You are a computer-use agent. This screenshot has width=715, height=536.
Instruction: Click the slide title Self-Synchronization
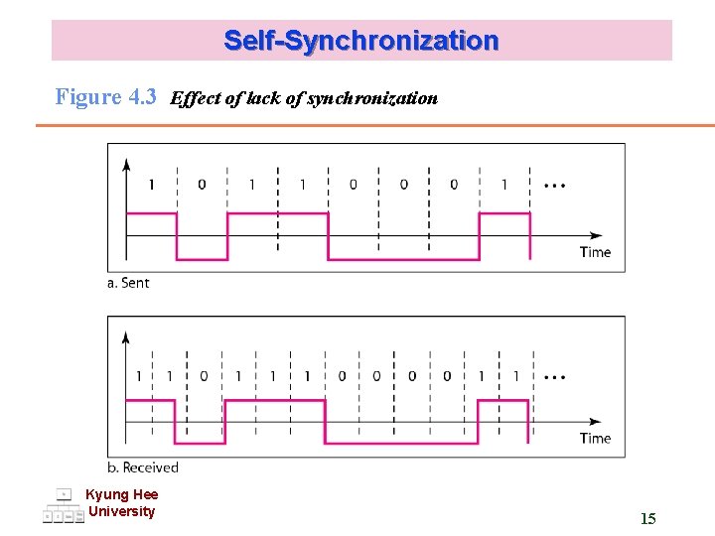click(x=361, y=41)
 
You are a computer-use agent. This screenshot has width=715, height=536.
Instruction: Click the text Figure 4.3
click(x=106, y=97)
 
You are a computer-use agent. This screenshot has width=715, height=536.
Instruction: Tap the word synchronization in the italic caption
click(x=373, y=98)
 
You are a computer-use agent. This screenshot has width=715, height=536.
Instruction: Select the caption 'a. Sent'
click(x=128, y=283)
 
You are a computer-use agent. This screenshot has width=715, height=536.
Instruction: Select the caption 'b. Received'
click(x=143, y=468)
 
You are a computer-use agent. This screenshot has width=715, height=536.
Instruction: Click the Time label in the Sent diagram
click(x=595, y=252)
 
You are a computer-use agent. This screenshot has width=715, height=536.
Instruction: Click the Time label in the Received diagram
click(x=595, y=438)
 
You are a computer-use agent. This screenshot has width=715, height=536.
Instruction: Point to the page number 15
click(x=647, y=518)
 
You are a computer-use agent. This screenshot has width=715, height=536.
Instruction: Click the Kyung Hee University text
click(x=121, y=503)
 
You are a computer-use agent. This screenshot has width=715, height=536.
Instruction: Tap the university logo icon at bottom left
click(x=63, y=505)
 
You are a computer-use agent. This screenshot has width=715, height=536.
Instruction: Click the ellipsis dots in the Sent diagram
click(x=555, y=186)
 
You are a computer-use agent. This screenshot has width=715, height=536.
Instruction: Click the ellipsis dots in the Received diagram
click(x=555, y=377)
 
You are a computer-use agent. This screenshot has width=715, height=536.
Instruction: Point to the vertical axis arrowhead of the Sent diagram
click(x=125, y=164)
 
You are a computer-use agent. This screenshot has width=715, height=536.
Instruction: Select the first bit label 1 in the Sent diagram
click(x=151, y=185)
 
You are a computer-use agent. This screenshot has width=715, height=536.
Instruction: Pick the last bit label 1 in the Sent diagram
click(x=503, y=185)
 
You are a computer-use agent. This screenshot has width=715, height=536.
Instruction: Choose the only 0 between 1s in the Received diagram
click(x=204, y=376)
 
